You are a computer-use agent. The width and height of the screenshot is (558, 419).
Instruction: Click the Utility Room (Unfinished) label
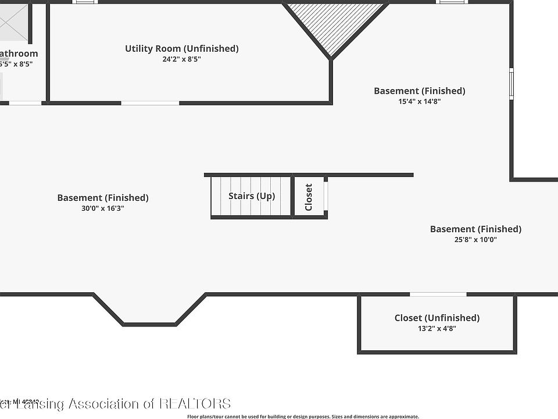pos(181,48)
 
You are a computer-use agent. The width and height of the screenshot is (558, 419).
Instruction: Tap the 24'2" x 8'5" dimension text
pos(181,59)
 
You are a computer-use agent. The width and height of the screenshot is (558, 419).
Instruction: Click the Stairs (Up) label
pos(251,196)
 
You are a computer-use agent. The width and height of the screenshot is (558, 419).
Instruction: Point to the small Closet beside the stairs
pos(309,197)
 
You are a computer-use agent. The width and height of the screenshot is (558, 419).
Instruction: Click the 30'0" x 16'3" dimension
pos(103,208)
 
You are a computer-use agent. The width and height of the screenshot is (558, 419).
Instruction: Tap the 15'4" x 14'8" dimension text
pos(419,101)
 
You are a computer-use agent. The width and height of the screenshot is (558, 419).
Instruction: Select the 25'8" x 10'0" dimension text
pos(475,239)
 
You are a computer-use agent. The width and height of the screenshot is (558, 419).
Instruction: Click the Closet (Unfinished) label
pos(437,318)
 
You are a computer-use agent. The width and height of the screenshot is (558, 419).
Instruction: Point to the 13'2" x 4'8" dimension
pos(437,328)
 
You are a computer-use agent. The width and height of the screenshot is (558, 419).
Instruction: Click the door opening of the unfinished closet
pos(438,294)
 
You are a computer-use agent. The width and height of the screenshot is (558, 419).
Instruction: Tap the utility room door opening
pos(150,104)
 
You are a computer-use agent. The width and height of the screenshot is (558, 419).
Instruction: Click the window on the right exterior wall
pos(512,84)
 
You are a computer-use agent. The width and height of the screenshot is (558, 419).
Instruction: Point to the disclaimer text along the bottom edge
pos(303,416)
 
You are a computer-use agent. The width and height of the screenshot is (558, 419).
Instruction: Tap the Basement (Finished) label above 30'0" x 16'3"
pos(103,198)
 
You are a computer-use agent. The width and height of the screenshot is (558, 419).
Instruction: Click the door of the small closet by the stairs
pos(326,196)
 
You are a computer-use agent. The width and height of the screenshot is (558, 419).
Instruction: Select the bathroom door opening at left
pos(26,104)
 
